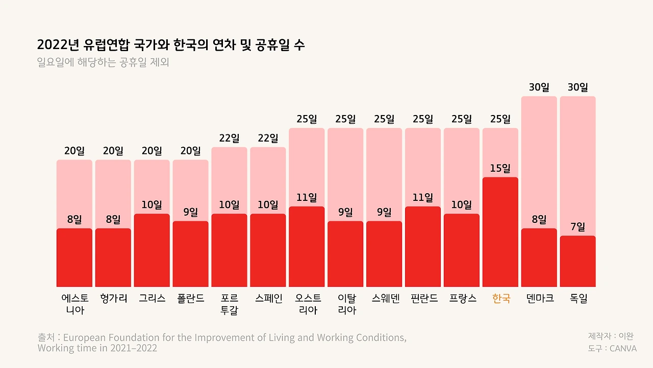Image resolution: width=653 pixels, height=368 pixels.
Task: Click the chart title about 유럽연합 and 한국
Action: coord(171,45)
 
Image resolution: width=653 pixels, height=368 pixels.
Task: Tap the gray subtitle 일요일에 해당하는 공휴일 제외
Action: coord(103,63)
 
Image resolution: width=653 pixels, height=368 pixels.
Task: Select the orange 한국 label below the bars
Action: coord(500,298)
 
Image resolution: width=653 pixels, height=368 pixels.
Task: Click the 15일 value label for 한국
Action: coord(500,168)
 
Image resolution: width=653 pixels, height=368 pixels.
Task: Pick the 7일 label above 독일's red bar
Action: coord(577,226)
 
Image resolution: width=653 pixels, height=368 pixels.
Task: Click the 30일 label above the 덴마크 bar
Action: coord(539,87)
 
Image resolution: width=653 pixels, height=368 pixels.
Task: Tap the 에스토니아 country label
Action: coord(74,304)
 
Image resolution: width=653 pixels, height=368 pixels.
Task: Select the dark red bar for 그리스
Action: coord(152,250)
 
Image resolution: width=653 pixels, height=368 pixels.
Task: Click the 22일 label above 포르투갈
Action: coord(229,138)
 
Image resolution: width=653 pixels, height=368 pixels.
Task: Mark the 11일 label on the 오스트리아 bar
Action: coord(307,197)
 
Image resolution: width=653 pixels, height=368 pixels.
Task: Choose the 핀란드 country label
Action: coord(423,298)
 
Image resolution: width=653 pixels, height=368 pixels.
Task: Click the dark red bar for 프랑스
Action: coord(462,250)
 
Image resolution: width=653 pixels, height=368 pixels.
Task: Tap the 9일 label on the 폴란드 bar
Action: coord(190,212)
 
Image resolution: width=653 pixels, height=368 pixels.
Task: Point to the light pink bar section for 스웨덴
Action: coord(384,174)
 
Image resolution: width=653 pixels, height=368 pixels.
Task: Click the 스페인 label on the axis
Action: coord(268,298)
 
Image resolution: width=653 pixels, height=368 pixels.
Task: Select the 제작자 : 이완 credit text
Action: coord(611,336)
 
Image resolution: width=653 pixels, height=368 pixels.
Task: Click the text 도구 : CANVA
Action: coord(612,348)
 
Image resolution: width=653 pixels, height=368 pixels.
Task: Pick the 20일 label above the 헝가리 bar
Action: coord(113,151)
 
